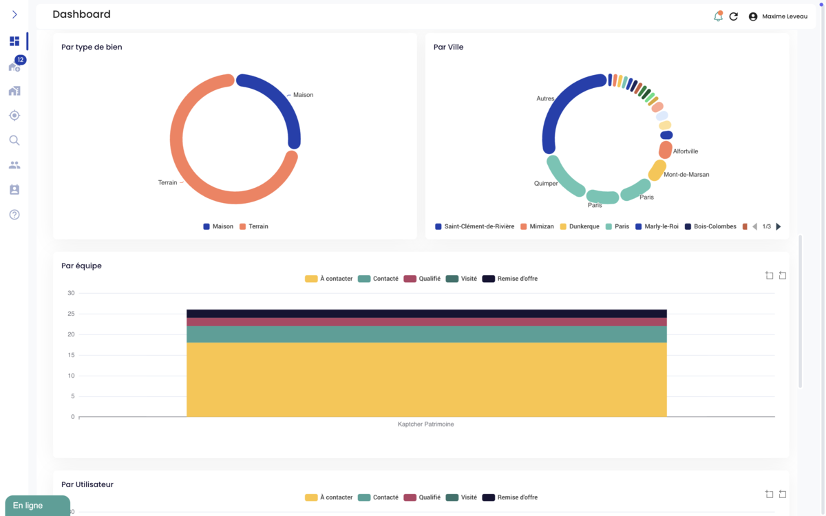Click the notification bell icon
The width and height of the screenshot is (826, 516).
[718, 17]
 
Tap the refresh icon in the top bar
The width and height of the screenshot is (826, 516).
[734, 17]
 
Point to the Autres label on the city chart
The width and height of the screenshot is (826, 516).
[545, 98]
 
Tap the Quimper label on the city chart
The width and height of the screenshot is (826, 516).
[546, 184]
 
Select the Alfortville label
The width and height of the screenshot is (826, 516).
[685, 151]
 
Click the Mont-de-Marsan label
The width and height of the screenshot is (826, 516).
[686, 175]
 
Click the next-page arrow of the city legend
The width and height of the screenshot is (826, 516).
[779, 226]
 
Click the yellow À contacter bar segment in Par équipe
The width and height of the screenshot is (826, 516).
[426, 379]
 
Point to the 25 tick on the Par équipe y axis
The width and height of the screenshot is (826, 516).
[71, 314]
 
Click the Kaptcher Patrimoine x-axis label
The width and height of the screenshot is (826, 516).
[425, 424]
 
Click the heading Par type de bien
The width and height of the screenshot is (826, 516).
[92, 47]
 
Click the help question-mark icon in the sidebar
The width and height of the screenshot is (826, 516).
[14, 215]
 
